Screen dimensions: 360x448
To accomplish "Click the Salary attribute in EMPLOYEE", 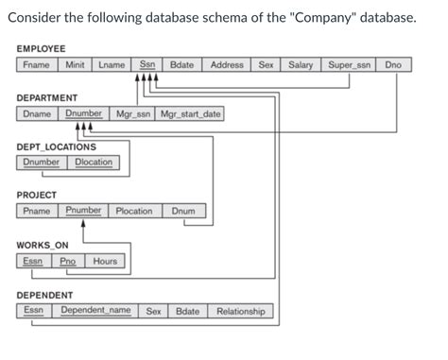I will point(301,65).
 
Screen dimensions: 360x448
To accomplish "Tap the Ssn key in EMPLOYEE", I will point(147,65).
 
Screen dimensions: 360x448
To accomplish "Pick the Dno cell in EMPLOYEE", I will point(392,65).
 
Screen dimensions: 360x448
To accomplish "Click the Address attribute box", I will point(227,65).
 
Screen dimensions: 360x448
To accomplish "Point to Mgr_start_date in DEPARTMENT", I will point(191,114).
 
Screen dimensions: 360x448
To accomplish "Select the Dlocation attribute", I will point(93,163).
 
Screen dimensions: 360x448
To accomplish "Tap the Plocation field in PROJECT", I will point(134,211).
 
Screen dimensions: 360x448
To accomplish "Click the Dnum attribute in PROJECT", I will point(183,211).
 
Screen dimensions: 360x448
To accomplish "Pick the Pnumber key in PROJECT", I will point(84,211).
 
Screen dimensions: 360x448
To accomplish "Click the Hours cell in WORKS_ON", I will point(105,261).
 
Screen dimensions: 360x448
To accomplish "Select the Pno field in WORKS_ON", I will point(67,261).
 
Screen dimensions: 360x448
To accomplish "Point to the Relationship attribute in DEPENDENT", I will point(241,311).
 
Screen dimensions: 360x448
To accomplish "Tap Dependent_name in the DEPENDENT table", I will point(95,311).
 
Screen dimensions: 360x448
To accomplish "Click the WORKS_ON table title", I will point(42,246).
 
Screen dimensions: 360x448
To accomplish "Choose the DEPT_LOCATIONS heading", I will point(57,147).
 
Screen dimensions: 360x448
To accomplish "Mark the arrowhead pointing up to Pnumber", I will point(84,224).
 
